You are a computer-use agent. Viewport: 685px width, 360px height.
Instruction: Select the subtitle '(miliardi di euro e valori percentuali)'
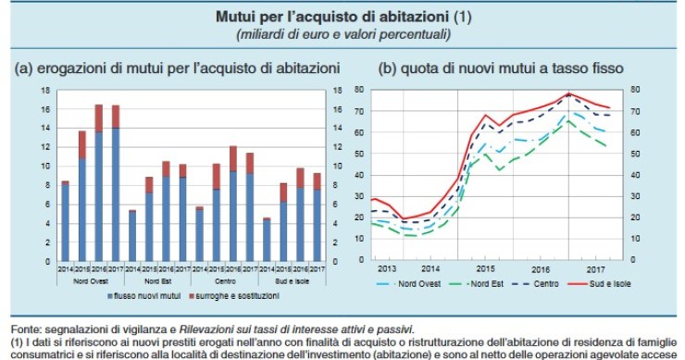pos(342,34)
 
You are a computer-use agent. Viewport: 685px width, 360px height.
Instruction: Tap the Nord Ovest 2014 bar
pos(65,221)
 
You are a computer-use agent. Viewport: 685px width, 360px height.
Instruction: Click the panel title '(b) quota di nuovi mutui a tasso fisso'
pos(500,68)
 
